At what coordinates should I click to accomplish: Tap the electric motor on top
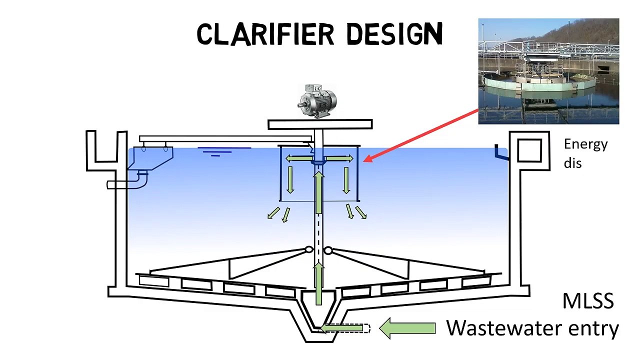tap(317, 101)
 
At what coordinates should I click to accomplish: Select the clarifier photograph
tap(548, 71)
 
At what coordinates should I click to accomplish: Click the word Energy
tap(585, 144)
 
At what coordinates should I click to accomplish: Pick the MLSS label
tap(588, 301)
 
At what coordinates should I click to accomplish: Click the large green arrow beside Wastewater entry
tap(407, 328)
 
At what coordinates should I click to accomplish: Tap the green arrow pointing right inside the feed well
tap(340, 159)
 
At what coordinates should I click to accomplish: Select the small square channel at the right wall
tap(529, 150)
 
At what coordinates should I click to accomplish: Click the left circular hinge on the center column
tap(308, 249)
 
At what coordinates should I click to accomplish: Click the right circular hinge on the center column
tap(328, 249)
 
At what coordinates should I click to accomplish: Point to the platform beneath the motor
tap(320, 124)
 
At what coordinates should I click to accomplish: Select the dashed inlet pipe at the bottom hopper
tap(345, 328)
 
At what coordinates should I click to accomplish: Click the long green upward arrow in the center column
tap(318, 192)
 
